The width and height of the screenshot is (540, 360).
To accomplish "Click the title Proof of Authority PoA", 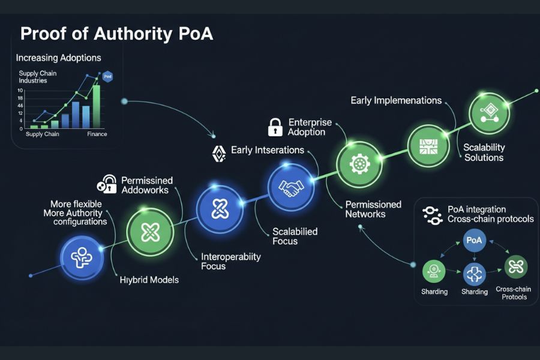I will click(116, 34).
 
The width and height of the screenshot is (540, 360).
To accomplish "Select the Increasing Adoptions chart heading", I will click(58, 58).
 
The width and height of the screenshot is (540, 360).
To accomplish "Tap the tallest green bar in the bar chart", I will click(96, 106).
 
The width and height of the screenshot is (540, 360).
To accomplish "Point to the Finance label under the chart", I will click(97, 134).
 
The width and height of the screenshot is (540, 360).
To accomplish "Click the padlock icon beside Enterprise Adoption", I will click(275, 127).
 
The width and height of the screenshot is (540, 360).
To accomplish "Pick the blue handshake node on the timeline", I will click(291, 188).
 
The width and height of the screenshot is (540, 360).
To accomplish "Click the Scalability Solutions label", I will click(484, 152).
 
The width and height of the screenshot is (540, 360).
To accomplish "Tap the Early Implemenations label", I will click(396, 101).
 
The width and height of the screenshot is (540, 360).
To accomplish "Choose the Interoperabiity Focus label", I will click(231, 261).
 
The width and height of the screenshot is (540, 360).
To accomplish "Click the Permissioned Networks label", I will click(373, 209).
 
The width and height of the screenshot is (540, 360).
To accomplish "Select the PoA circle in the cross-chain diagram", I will click(473, 240).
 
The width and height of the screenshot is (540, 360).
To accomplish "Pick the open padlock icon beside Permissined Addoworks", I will click(108, 184).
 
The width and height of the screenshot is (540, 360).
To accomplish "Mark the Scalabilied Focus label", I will click(295, 236).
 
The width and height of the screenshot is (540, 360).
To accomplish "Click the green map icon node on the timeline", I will click(428, 146).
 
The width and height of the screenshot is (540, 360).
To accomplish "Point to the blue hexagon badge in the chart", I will click(107, 76).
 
